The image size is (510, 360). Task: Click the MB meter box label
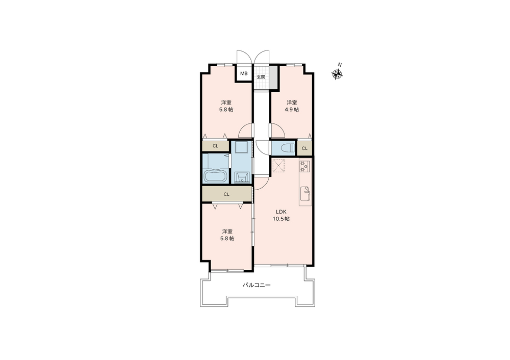tap(244, 73)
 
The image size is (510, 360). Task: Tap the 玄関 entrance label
tap(261, 77)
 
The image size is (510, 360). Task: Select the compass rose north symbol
tap(338, 74)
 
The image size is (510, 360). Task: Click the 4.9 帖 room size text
tap(292, 110)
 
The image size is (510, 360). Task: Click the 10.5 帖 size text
tap(281, 219)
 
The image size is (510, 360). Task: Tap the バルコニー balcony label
tap(257, 285)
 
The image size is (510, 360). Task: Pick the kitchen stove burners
tap(304, 166)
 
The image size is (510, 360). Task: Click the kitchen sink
tap(305, 194)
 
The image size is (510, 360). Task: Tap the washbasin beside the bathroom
tap(242, 177)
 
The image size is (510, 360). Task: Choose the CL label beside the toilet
tap(304, 148)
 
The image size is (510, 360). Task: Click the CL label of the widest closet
tap(226, 194)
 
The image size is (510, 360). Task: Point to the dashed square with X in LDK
tap(279, 165)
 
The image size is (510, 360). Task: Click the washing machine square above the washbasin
tap(242, 148)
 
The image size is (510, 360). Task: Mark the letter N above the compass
tap(340, 65)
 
